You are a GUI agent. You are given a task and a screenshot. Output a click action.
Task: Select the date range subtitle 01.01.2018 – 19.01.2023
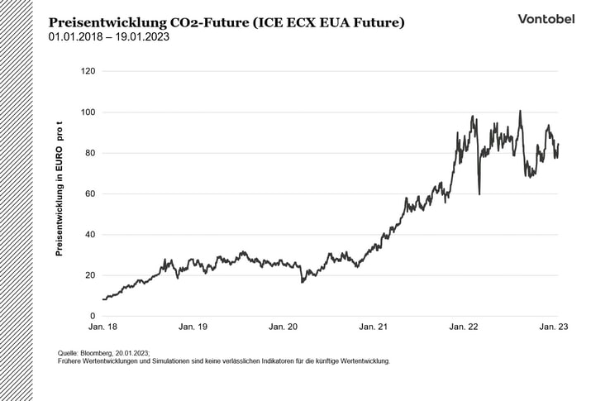[109, 37]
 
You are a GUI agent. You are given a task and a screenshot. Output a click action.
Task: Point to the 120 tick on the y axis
[87, 72]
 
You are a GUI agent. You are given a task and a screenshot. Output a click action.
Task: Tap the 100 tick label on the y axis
[87, 112]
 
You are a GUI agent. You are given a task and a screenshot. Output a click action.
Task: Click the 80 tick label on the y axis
[89, 153]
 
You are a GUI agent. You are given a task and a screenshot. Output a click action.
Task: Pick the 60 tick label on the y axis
[89, 194]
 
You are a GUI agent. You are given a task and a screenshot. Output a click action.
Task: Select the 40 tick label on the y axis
[89, 235]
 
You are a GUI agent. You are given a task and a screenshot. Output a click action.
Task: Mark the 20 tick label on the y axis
[89, 275]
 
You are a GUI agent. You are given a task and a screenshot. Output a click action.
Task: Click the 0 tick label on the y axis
[93, 317]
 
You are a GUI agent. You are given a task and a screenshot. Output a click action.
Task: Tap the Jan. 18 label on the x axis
[102, 328]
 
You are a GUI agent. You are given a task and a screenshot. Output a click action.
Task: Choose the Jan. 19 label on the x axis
[193, 328]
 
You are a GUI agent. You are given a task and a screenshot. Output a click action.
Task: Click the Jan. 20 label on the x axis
[283, 328]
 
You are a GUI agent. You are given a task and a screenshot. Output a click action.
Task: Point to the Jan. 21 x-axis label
[373, 328]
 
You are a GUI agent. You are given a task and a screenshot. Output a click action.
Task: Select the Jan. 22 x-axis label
[463, 328]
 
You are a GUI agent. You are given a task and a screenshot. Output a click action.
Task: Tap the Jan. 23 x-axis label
[553, 328]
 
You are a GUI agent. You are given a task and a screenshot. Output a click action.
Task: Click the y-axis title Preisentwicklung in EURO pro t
[59, 189]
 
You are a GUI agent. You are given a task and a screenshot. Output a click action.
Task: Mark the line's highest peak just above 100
[520, 111]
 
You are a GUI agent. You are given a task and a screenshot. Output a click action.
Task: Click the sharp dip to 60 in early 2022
[479, 193]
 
